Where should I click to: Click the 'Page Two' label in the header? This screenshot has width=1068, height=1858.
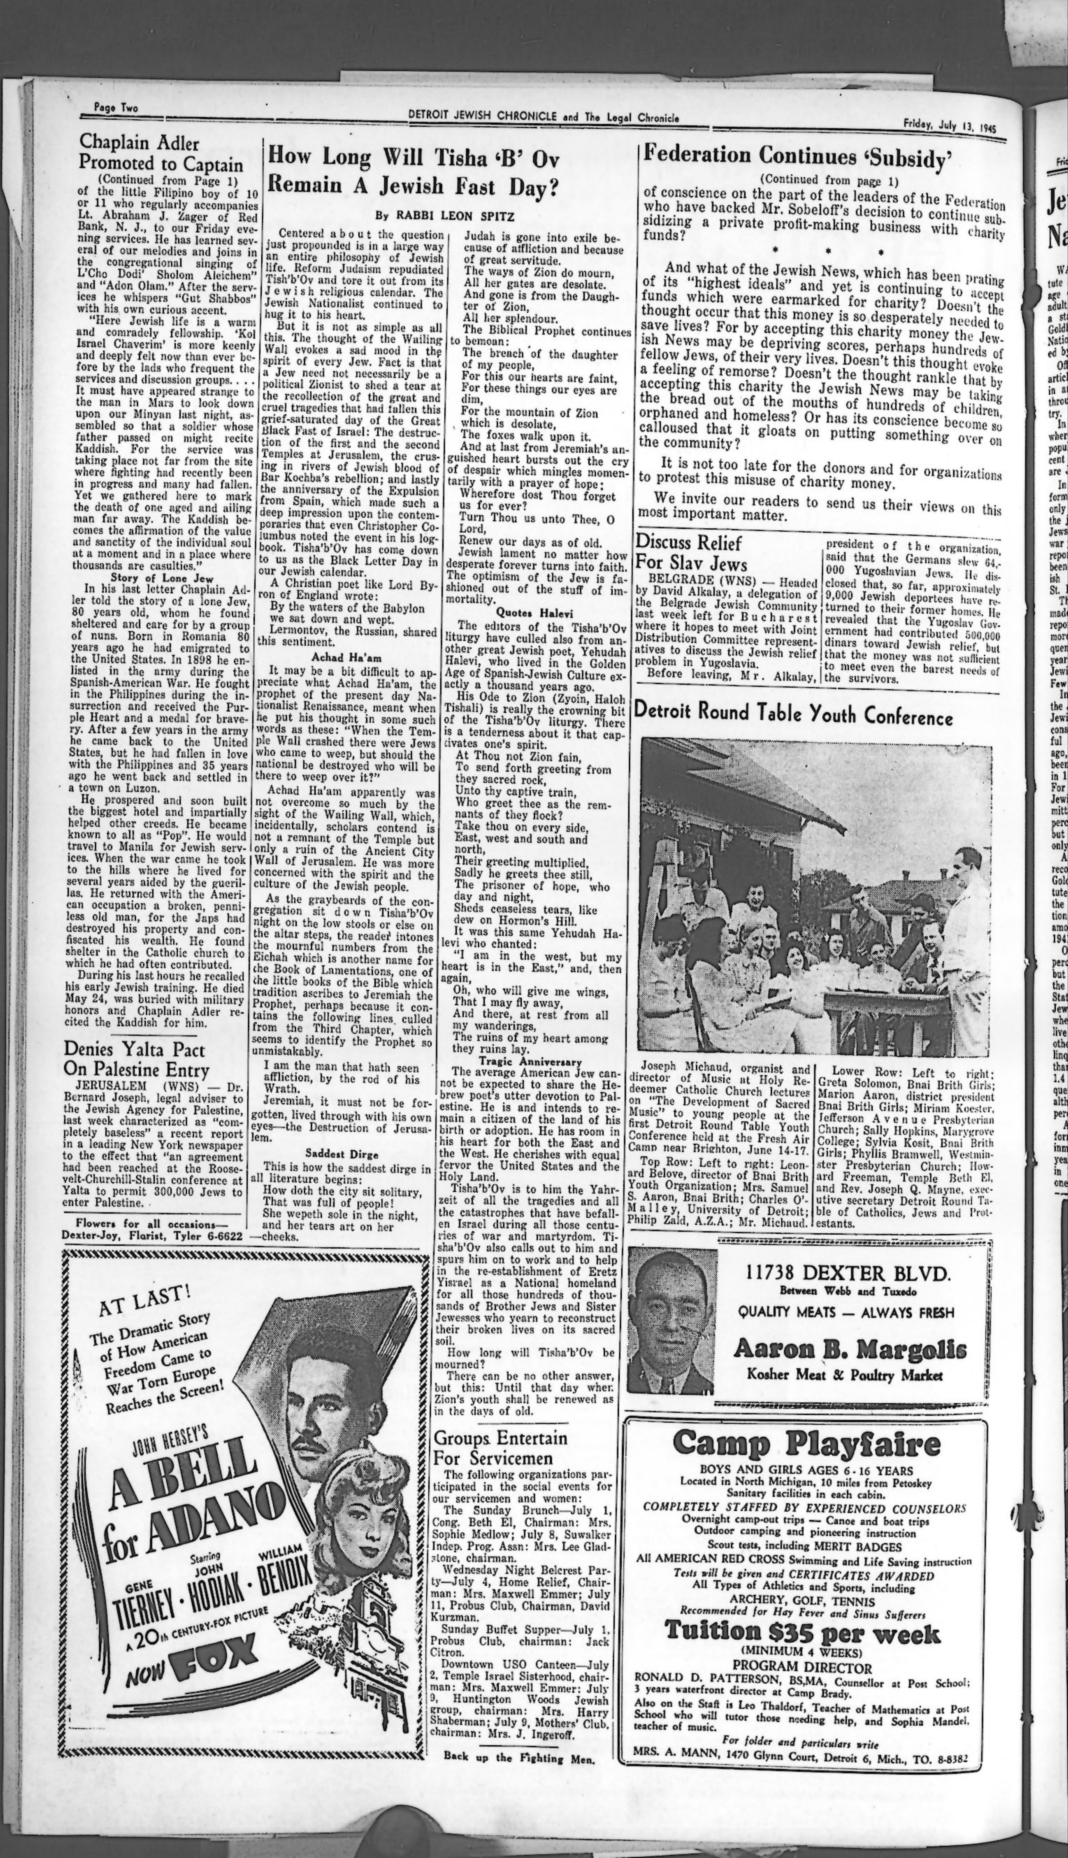click(116, 108)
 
